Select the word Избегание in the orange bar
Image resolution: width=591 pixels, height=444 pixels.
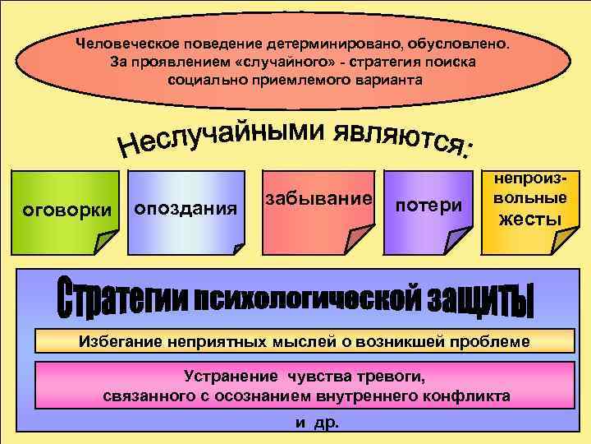point(117,341)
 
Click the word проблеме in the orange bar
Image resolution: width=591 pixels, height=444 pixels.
point(491,341)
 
